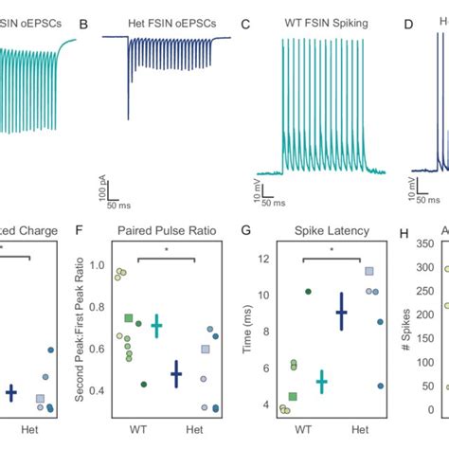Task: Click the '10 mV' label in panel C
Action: coord(256,186)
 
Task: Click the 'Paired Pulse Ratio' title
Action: coord(157,230)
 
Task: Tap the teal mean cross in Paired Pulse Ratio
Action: coord(156,325)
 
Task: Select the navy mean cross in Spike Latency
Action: coord(342,311)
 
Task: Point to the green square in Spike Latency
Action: coord(293,397)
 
